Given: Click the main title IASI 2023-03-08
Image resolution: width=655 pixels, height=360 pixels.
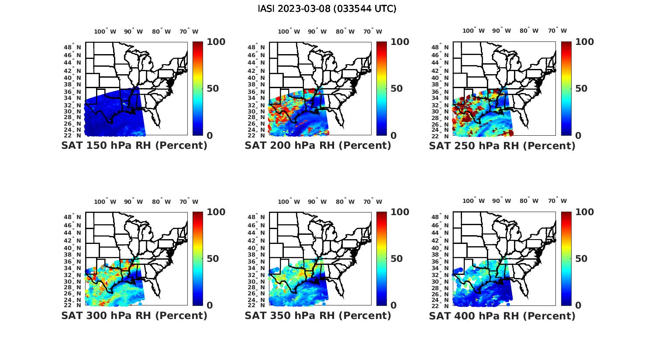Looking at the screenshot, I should pyautogui.click(x=327, y=9).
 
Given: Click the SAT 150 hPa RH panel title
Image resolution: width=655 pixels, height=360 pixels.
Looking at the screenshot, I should pyautogui.click(x=134, y=145).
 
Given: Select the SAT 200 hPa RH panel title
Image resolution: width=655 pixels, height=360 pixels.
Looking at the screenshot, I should pyautogui.click(x=318, y=145).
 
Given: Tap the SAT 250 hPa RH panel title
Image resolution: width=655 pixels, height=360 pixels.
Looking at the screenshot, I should pyautogui.click(x=502, y=146).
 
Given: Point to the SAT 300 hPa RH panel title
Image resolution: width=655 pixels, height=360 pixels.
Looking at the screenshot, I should pyautogui.click(x=134, y=315).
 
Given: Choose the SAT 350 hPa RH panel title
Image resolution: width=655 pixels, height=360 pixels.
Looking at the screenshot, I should pyautogui.click(x=318, y=315).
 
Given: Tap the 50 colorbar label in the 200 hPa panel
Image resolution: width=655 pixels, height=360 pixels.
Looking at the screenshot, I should pyautogui.click(x=396, y=89).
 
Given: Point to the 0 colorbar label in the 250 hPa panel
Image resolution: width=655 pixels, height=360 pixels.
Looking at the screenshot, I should pyautogui.click(x=578, y=136).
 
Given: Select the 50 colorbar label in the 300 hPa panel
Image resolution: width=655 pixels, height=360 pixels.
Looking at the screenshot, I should pyautogui.click(x=213, y=259).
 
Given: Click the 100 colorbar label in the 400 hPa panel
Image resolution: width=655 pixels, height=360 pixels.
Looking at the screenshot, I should pyautogui.click(x=585, y=212).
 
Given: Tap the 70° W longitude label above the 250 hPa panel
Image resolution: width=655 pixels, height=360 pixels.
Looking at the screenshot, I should pyautogui.click(x=558, y=31).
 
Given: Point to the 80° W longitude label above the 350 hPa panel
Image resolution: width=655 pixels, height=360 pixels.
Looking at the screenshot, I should pyautogui.click(x=345, y=202).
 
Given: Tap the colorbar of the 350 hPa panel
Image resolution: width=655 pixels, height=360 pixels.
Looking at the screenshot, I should pyautogui.click(x=382, y=259).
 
